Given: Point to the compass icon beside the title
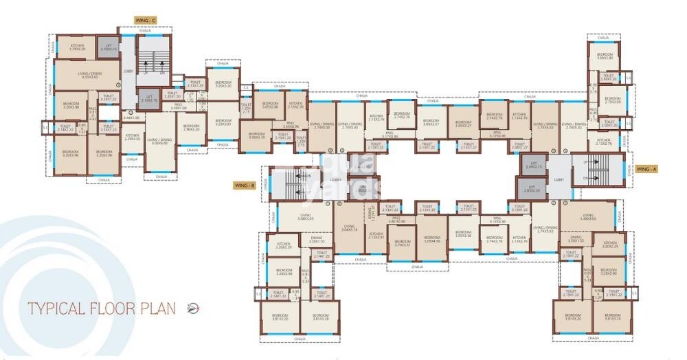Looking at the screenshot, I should pyautogui.click(x=194, y=308).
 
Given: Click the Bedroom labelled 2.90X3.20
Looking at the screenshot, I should pyautogui.click(x=191, y=128).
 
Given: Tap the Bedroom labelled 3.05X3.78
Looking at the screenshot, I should pyautogui.click(x=256, y=135).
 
